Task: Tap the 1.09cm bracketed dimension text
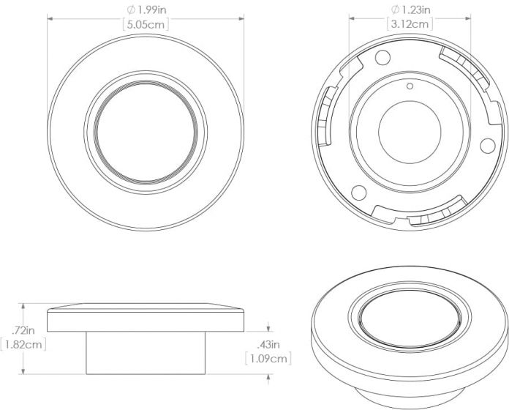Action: coord(268,359)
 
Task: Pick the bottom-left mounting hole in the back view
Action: coord(358,192)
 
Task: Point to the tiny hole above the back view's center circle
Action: coord(410,87)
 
